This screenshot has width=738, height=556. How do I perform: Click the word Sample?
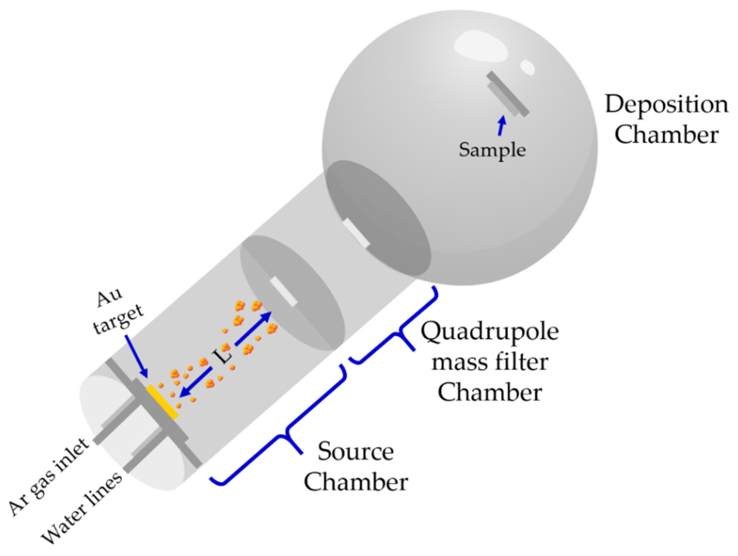[x=492, y=150]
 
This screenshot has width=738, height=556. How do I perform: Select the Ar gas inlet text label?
[x=48, y=478]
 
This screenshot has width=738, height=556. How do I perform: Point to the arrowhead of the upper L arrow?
[x=267, y=315]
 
